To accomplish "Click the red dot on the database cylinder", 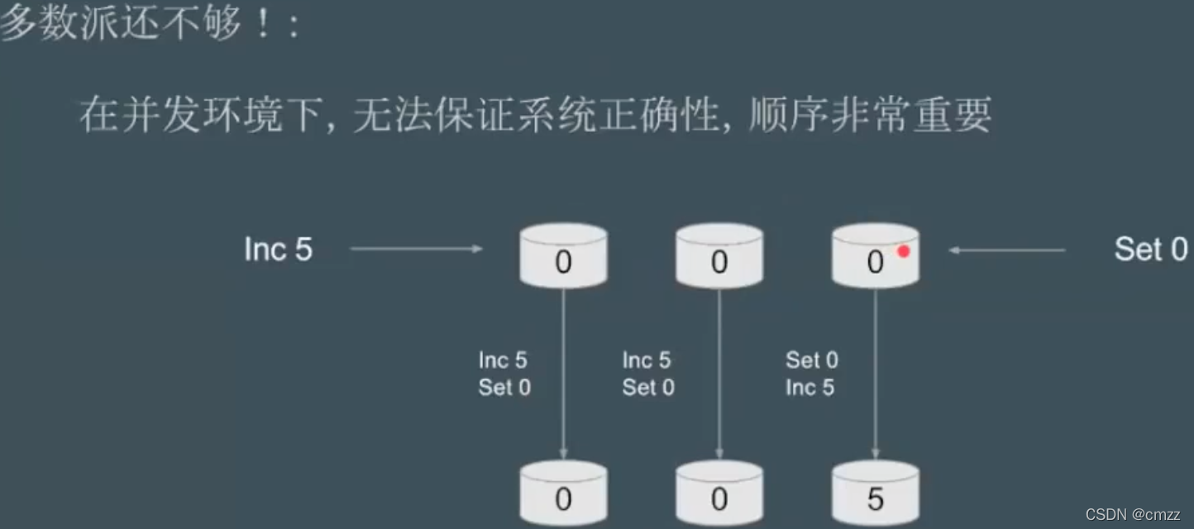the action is click(x=904, y=251).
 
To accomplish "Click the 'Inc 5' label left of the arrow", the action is click(x=279, y=249).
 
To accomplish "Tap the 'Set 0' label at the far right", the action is click(x=1150, y=249).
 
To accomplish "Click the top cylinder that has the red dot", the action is click(x=874, y=256).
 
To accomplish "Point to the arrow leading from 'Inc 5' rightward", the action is click(x=416, y=248).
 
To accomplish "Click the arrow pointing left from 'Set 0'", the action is click(x=1006, y=250).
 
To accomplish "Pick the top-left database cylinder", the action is click(x=563, y=255).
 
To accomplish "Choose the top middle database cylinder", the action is click(x=719, y=255).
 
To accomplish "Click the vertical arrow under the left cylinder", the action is click(x=563, y=372).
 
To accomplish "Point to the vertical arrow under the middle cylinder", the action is click(x=719, y=372).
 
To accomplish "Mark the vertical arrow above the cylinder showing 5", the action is click(x=875, y=372).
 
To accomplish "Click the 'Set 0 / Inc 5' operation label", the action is click(x=811, y=374).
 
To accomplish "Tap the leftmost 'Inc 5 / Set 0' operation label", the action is click(x=504, y=374).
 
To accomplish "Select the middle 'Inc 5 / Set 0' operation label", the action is click(x=648, y=374).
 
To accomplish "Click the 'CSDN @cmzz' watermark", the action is click(x=1133, y=514).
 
